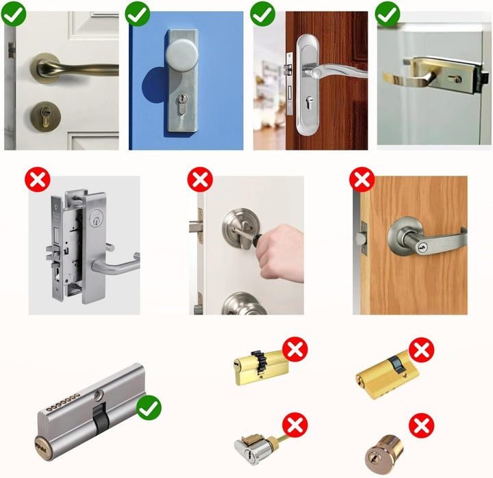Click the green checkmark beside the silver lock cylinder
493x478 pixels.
click(149, 408)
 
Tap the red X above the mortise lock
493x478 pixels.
click(37, 181)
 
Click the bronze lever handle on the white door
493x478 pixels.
click(62, 68)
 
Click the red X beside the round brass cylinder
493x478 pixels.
click(422, 426)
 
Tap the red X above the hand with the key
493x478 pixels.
click(200, 181)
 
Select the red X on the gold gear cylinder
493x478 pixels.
click(296, 351)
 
